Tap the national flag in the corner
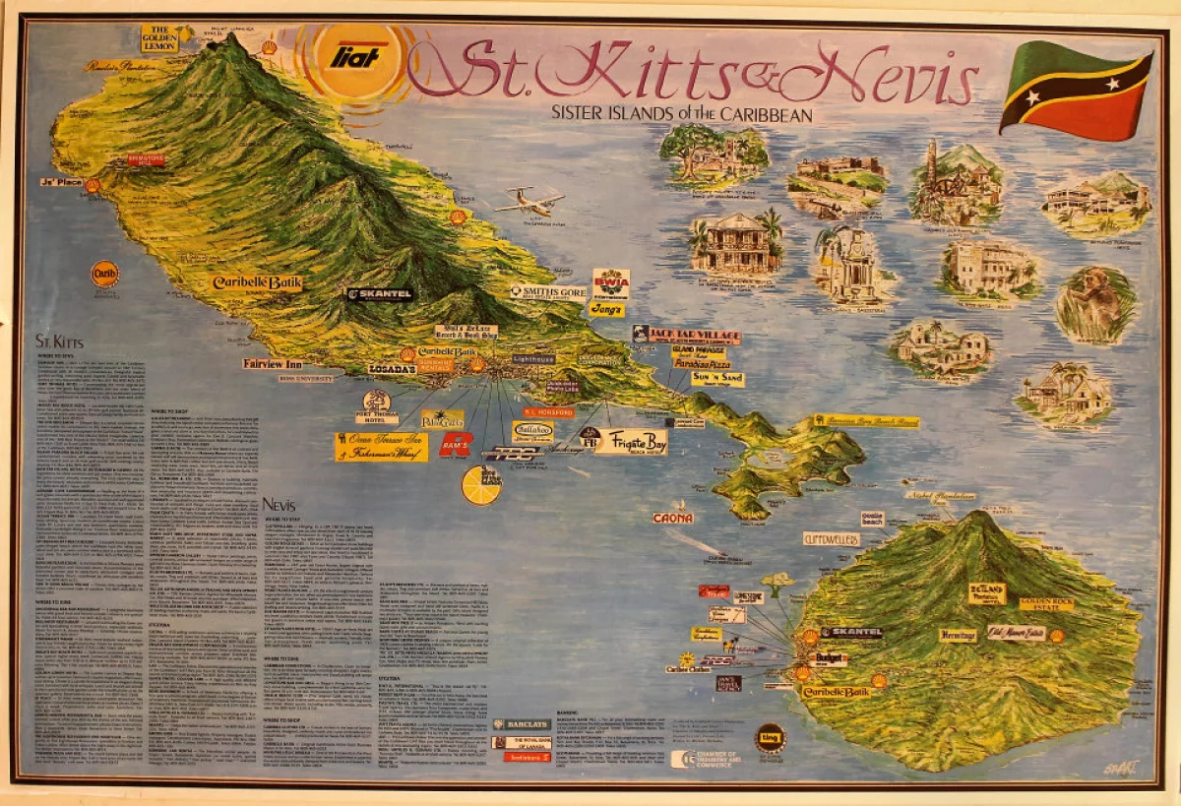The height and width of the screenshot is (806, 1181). tap(1075, 91)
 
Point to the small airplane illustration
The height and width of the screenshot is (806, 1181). tap(530, 202)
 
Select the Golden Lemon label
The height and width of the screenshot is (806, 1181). tap(159, 37)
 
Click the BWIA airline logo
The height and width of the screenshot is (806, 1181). tap(610, 283)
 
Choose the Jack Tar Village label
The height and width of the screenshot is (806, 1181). tap(686, 336)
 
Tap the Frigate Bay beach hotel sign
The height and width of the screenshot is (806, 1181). tap(630, 441)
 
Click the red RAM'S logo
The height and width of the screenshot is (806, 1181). tap(456, 445)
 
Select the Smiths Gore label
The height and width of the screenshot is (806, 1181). tap(548, 292)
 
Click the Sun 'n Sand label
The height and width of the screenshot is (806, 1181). tap(717, 378)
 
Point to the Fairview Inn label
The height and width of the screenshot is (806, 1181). tap(279, 363)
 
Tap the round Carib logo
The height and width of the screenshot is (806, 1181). tap(105, 273)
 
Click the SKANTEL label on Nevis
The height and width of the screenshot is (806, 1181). tap(851, 633)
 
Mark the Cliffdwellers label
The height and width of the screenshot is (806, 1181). tap(832, 539)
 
